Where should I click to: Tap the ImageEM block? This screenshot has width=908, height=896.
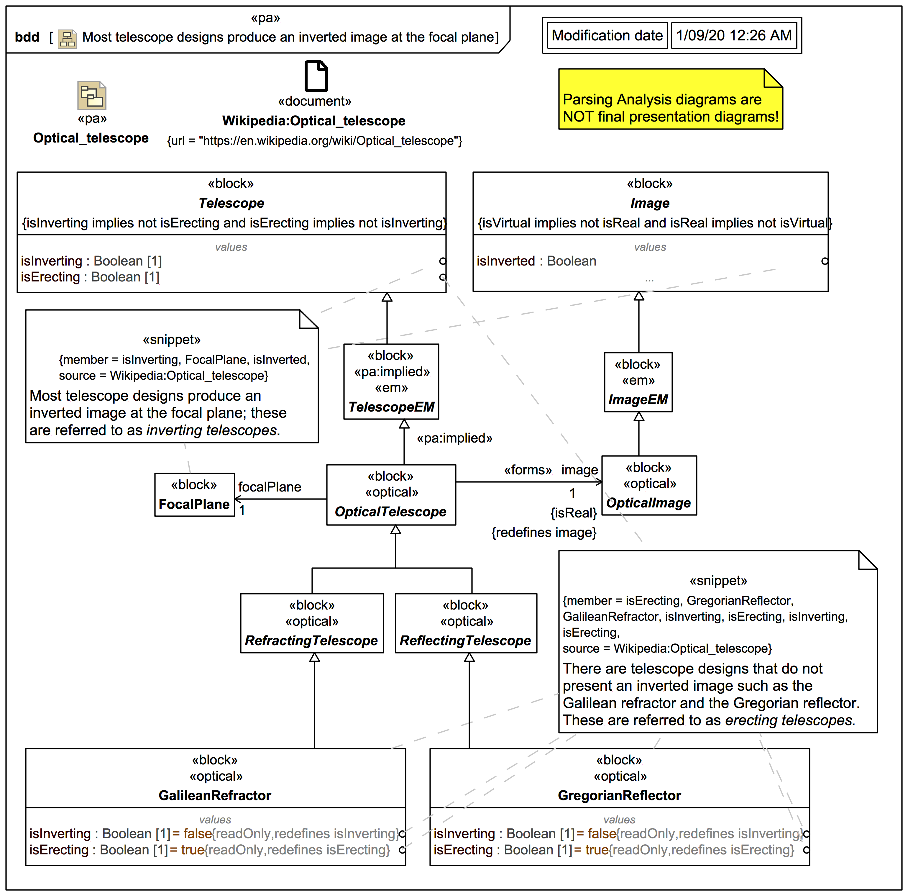(x=638, y=382)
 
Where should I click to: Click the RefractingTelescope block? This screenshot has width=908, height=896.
(x=312, y=623)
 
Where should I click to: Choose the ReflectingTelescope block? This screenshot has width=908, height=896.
(x=466, y=623)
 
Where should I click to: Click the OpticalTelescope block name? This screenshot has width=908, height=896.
(x=390, y=512)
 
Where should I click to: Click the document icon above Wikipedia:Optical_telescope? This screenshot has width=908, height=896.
(x=316, y=76)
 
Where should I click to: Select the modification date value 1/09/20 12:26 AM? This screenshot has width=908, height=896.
(x=734, y=35)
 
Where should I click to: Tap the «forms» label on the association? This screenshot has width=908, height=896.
(x=527, y=470)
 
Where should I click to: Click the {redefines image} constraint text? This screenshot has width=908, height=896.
(x=544, y=532)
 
